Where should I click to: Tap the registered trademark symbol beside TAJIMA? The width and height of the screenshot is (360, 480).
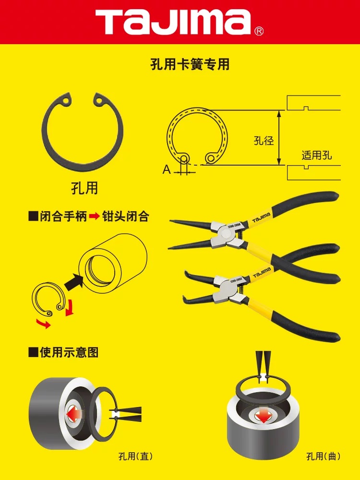[x=259, y=31]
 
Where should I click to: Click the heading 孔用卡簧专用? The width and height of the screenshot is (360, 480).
[x=190, y=65]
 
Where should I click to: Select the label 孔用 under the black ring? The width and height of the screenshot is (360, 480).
[x=84, y=188]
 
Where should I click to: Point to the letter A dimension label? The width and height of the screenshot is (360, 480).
[x=167, y=169]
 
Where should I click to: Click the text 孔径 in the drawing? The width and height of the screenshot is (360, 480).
[x=264, y=141]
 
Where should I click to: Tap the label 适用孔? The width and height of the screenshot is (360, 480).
[x=316, y=155]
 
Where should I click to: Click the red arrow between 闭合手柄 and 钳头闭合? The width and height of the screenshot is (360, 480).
[x=95, y=216]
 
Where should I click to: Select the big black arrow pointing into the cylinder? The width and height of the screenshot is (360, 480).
[x=74, y=281]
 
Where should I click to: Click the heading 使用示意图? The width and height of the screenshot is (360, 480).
[x=69, y=352]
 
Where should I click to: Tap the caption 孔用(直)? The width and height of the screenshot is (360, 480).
[x=135, y=456]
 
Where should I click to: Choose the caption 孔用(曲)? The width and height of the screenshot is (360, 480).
[x=323, y=456]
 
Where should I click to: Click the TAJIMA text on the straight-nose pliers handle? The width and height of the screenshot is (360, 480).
[x=262, y=217]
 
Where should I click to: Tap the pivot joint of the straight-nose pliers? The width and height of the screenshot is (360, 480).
[x=226, y=234]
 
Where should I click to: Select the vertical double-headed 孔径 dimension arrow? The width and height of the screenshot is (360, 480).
[x=279, y=138]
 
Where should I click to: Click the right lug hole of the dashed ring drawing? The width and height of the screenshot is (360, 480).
[x=211, y=158]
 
